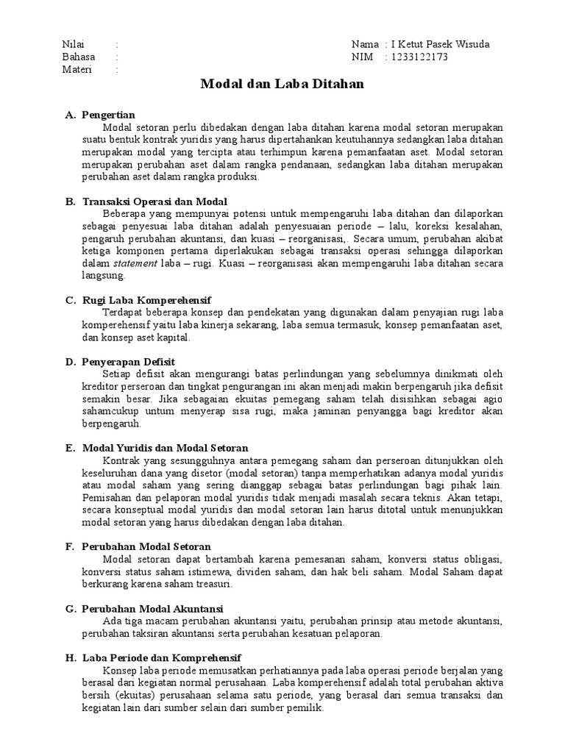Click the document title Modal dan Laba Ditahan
[282, 85]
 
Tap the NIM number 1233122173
[419, 57]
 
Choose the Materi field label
[77, 70]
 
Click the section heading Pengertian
[109, 115]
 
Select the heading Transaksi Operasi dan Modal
[154, 201]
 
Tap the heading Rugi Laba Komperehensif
[146, 300]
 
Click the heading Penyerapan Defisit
[129, 361]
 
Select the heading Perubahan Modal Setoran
[146, 546]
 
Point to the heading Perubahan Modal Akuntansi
[153, 608]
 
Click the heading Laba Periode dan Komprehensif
[162, 657]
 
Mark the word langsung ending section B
[104, 276]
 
